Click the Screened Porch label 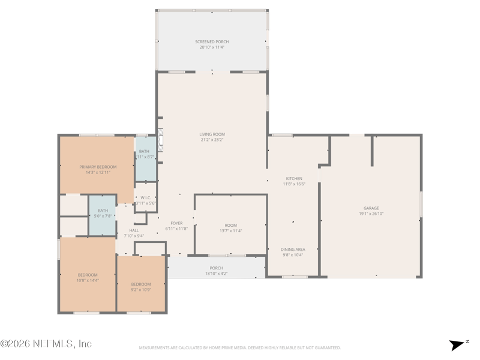(x=212, y=42)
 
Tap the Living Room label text (x=212, y=134)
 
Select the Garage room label (x=371, y=208)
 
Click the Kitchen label (x=294, y=179)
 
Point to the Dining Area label (x=293, y=250)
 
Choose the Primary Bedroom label (x=98, y=167)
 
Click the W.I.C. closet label (x=145, y=197)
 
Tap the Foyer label (x=176, y=223)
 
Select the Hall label (x=134, y=230)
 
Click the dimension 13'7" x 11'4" (x=231, y=230)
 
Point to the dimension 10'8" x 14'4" (x=88, y=280)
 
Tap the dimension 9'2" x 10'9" (x=141, y=289)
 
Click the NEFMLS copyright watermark (x=46, y=344)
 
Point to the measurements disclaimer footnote (x=240, y=347)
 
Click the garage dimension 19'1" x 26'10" (x=371, y=214)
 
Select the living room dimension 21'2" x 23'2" (x=212, y=140)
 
